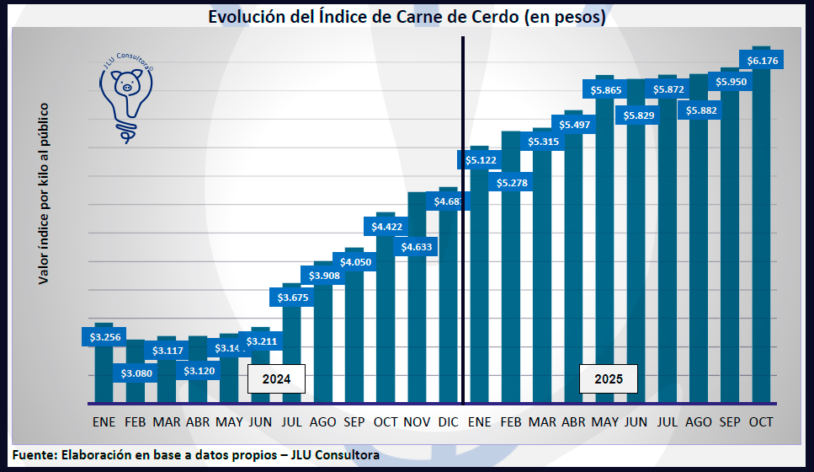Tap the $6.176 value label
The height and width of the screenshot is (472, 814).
[x=762, y=60]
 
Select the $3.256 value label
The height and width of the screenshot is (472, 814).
[x=104, y=337]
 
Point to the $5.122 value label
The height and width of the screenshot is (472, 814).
[x=479, y=158]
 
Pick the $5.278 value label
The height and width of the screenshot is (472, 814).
[x=511, y=182]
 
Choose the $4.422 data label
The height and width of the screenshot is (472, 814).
[x=386, y=226]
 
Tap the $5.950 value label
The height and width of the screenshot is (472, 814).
[x=731, y=82]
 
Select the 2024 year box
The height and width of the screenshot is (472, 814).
[x=276, y=379]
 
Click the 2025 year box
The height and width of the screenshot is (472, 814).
[x=609, y=379]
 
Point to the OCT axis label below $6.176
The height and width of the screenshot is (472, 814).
[x=761, y=421]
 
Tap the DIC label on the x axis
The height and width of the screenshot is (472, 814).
[x=449, y=421]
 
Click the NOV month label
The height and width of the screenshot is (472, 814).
[x=418, y=421]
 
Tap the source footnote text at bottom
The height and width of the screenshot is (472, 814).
[x=195, y=455]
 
